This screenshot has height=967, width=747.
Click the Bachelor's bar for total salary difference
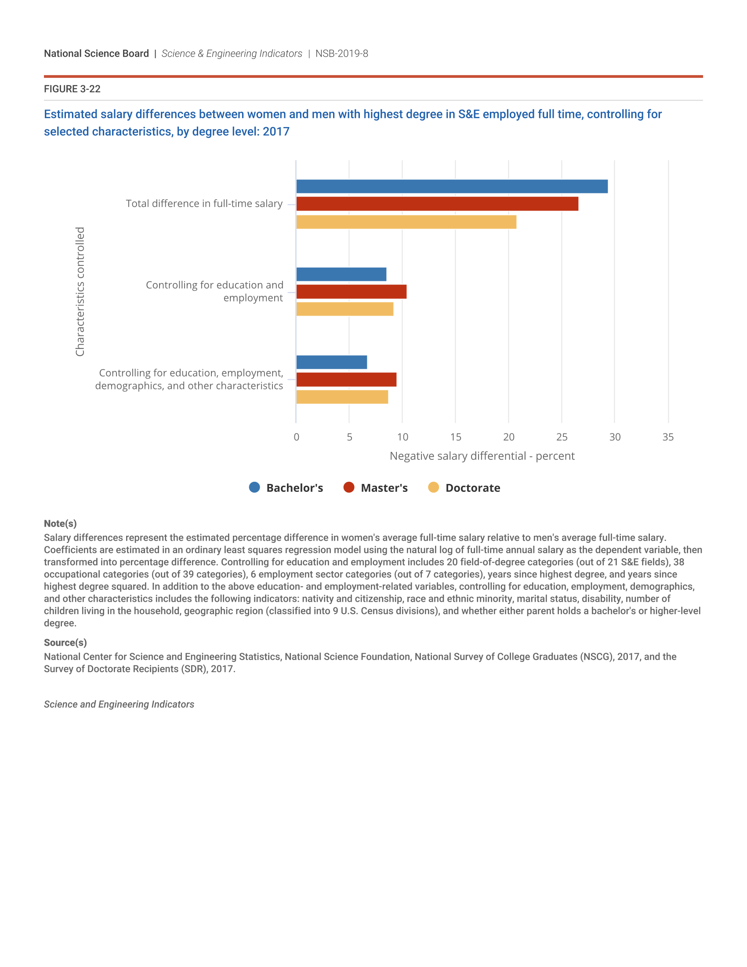(x=451, y=186)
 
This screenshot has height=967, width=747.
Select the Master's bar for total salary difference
(x=437, y=204)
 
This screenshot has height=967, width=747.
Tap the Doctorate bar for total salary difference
(x=406, y=222)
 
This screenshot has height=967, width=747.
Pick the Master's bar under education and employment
(x=351, y=292)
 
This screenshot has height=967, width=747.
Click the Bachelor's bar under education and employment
(x=341, y=275)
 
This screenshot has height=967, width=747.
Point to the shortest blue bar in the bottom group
(x=331, y=362)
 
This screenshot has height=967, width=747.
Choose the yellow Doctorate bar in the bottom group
(x=341, y=397)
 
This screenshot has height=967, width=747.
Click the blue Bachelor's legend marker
(x=254, y=487)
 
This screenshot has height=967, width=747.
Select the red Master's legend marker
(x=349, y=487)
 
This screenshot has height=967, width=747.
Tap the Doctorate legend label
(x=473, y=488)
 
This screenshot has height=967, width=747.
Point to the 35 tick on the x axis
(x=668, y=437)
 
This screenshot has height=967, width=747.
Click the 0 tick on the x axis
(x=297, y=437)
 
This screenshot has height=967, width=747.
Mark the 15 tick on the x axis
(x=455, y=437)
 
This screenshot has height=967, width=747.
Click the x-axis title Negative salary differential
(x=482, y=456)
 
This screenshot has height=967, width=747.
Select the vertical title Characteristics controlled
(x=80, y=291)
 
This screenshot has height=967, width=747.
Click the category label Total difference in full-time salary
(x=204, y=204)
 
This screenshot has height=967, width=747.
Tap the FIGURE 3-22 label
(x=72, y=89)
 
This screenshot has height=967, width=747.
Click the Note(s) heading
(x=60, y=524)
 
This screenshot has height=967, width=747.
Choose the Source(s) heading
(x=65, y=643)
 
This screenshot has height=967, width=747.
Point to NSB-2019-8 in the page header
(x=341, y=54)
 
